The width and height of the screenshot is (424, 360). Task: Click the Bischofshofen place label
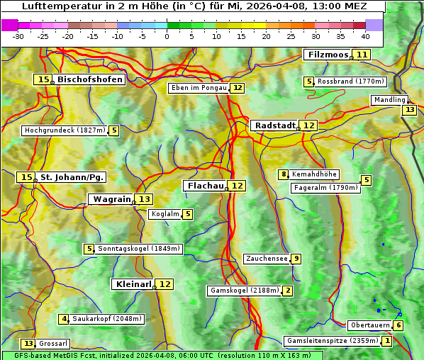pos(90,79)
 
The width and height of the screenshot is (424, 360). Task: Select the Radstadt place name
pos(275,125)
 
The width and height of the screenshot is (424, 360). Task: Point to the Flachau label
pos(205,186)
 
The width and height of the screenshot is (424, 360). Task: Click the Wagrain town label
pos(112,199)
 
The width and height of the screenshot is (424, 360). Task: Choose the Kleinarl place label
pos(133,284)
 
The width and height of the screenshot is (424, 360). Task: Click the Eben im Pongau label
pos(199,88)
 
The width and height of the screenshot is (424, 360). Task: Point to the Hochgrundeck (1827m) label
pos(65,130)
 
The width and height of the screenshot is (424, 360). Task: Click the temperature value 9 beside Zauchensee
pos(296,259)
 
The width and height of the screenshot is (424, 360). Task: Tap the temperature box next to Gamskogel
pos(287,291)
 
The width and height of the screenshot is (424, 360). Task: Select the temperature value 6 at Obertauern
pos(398,325)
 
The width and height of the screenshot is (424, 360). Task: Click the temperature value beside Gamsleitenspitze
pos(386,341)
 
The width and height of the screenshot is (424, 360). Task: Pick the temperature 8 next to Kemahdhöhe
pos(284,174)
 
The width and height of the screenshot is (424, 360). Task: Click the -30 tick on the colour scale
pos(18,36)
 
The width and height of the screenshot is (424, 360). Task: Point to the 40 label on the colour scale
pos(365,36)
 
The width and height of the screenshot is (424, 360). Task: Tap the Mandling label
pos(389,100)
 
